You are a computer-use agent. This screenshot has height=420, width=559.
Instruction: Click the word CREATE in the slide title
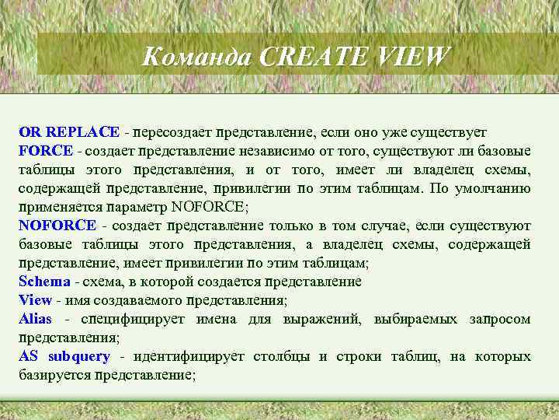(x=308, y=57)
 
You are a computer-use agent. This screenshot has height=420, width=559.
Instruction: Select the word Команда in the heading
(x=200, y=57)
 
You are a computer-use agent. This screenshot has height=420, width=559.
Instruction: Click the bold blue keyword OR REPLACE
(x=69, y=131)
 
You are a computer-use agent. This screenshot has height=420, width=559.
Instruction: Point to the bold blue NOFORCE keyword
(x=57, y=226)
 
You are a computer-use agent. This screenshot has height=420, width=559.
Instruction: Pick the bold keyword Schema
(x=44, y=282)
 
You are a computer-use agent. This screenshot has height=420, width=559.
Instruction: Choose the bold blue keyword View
(x=35, y=300)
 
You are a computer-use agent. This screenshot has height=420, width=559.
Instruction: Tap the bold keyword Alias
(x=36, y=319)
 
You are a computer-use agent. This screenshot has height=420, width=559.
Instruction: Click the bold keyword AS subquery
(x=64, y=356)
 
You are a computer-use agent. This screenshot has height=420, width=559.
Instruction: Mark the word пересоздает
(x=172, y=131)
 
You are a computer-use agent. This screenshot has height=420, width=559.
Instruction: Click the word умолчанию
(x=493, y=188)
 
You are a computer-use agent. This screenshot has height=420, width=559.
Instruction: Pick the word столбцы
(x=283, y=356)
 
